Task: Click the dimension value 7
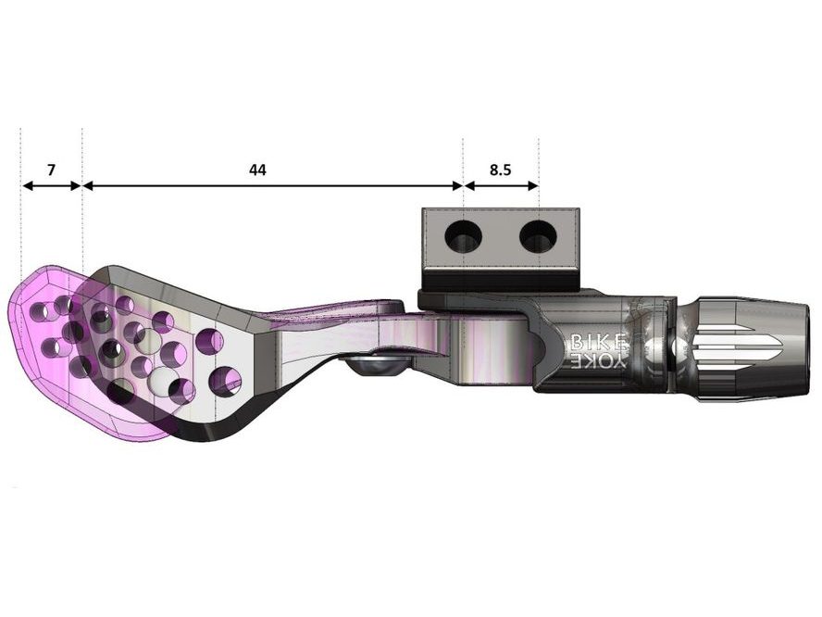pyautogui.click(x=51, y=170)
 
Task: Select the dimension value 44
pyautogui.click(x=257, y=170)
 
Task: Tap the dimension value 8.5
pyautogui.click(x=501, y=170)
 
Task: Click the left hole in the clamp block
pyautogui.click(x=463, y=238)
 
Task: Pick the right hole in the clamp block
pyautogui.click(x=538, y=238)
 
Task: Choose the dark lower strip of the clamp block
pyautogui.click(x=501, y=277)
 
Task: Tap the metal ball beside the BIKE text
pyautogui.click(x=654, y=350)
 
